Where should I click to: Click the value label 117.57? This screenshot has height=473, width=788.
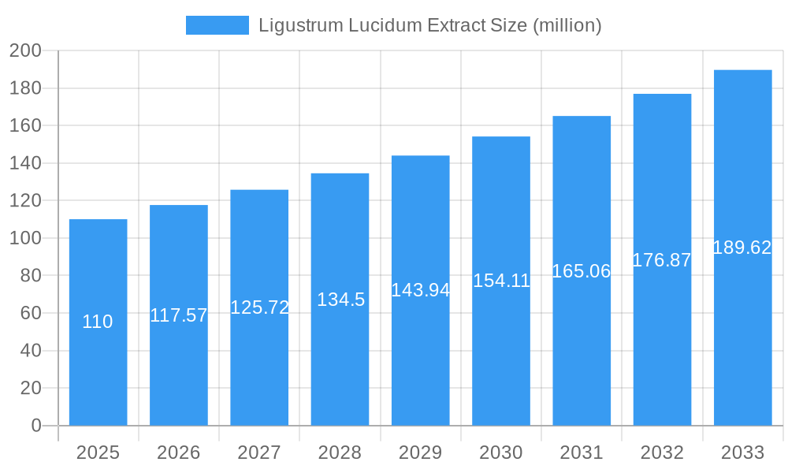tap(179, 315)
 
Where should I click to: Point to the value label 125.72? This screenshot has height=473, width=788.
tap(259, 307)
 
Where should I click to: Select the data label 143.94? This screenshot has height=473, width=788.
tap(420, 290)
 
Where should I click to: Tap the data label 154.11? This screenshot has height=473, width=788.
tap(501, 281)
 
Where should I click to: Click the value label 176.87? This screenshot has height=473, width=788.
tap(662, 260)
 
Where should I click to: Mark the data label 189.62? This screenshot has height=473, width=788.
tap(742, 248)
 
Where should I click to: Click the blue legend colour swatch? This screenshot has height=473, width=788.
tap(217, 25)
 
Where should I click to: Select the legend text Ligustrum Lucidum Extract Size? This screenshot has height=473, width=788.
tap(430, 25)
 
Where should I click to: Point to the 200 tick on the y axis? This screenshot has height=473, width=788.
tap(25, 50)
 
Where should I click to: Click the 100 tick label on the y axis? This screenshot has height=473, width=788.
tap(25, 238)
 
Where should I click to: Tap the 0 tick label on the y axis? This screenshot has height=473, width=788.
tap(35, 426)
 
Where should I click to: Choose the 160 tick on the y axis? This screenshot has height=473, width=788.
tap(25, 125)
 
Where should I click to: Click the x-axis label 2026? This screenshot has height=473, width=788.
tap(179, 453)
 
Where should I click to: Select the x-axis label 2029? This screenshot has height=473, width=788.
tap(420, 453)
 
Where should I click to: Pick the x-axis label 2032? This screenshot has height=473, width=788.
tap(662, 453)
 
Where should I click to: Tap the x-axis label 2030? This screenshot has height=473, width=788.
tap(501, 453)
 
